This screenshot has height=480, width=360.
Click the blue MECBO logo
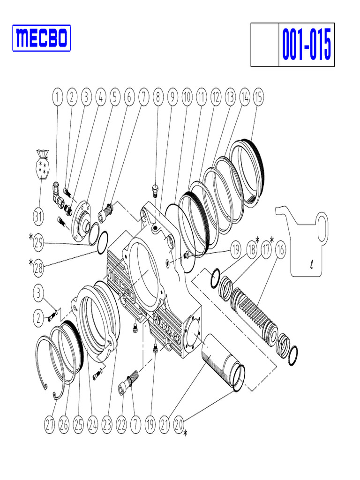point(41,37)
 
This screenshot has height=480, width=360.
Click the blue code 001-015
point(307,45)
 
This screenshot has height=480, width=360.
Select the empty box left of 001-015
point(265,45)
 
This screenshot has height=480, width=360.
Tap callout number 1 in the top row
point(57,97)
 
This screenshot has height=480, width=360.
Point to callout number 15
point(258,97)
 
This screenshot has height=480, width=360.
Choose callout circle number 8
point(158,97)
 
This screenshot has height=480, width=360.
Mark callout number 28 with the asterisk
point(39,268)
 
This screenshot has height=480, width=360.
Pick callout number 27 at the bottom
point(50,425)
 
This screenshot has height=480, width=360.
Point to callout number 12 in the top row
point(215,97)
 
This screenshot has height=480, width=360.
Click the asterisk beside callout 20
point(185,435)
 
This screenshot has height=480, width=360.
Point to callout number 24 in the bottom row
point(93,425)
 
